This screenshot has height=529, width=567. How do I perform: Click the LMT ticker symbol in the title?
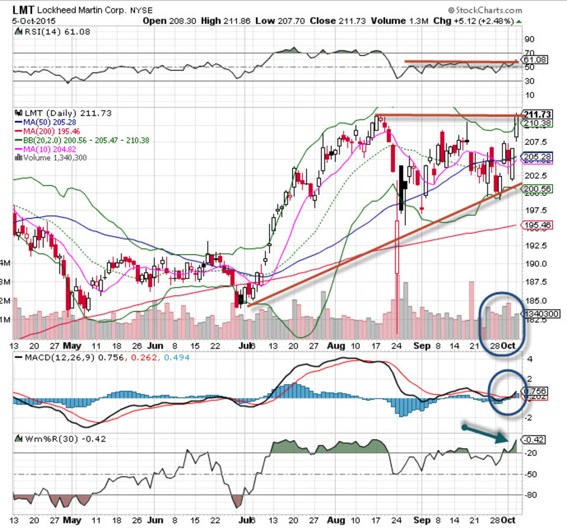tap(23, 9)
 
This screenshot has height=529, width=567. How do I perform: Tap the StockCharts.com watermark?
tap(485, 10)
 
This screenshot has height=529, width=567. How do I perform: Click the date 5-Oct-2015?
tap(34, 21)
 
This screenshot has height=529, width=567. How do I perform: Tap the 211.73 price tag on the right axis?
tap(537, 114)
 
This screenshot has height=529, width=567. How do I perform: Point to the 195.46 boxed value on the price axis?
tap(537, 225)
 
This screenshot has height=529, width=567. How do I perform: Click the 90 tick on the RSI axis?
tap(530, 39)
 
